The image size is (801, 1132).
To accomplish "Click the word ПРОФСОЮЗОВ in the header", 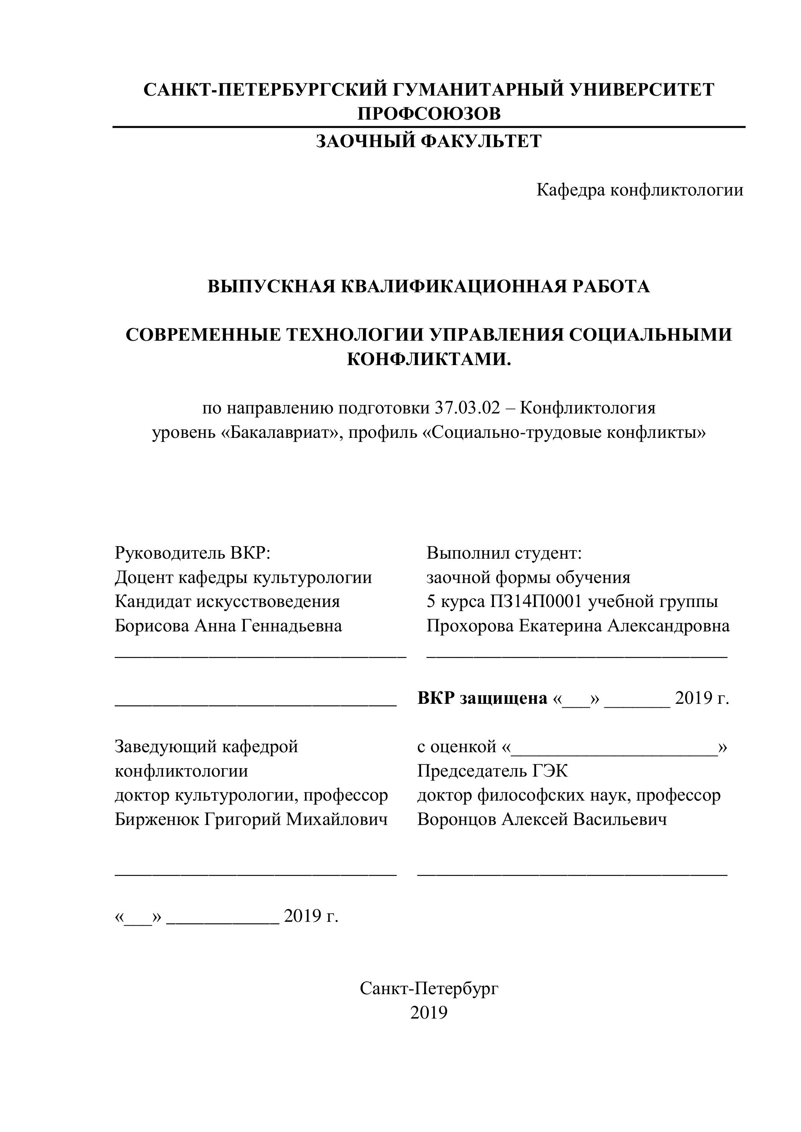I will [429, 114].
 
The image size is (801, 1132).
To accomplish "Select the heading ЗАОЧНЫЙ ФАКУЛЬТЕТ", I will [429, 142].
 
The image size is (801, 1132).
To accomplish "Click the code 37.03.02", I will [467, 408].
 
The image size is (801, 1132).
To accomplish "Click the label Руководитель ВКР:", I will [193, 553].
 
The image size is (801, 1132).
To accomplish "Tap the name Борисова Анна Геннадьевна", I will [229, 626].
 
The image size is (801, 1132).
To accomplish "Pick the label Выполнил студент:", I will [504, 553].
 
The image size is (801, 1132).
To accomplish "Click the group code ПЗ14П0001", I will [536, 602].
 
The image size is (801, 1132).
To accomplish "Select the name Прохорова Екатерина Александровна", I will [578, 626].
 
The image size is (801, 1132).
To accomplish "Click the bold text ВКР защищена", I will [482, 698].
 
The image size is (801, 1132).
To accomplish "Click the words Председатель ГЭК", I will [492, 771].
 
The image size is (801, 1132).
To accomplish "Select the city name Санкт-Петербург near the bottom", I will [429, 988].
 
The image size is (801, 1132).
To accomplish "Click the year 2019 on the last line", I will [429, 1013].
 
